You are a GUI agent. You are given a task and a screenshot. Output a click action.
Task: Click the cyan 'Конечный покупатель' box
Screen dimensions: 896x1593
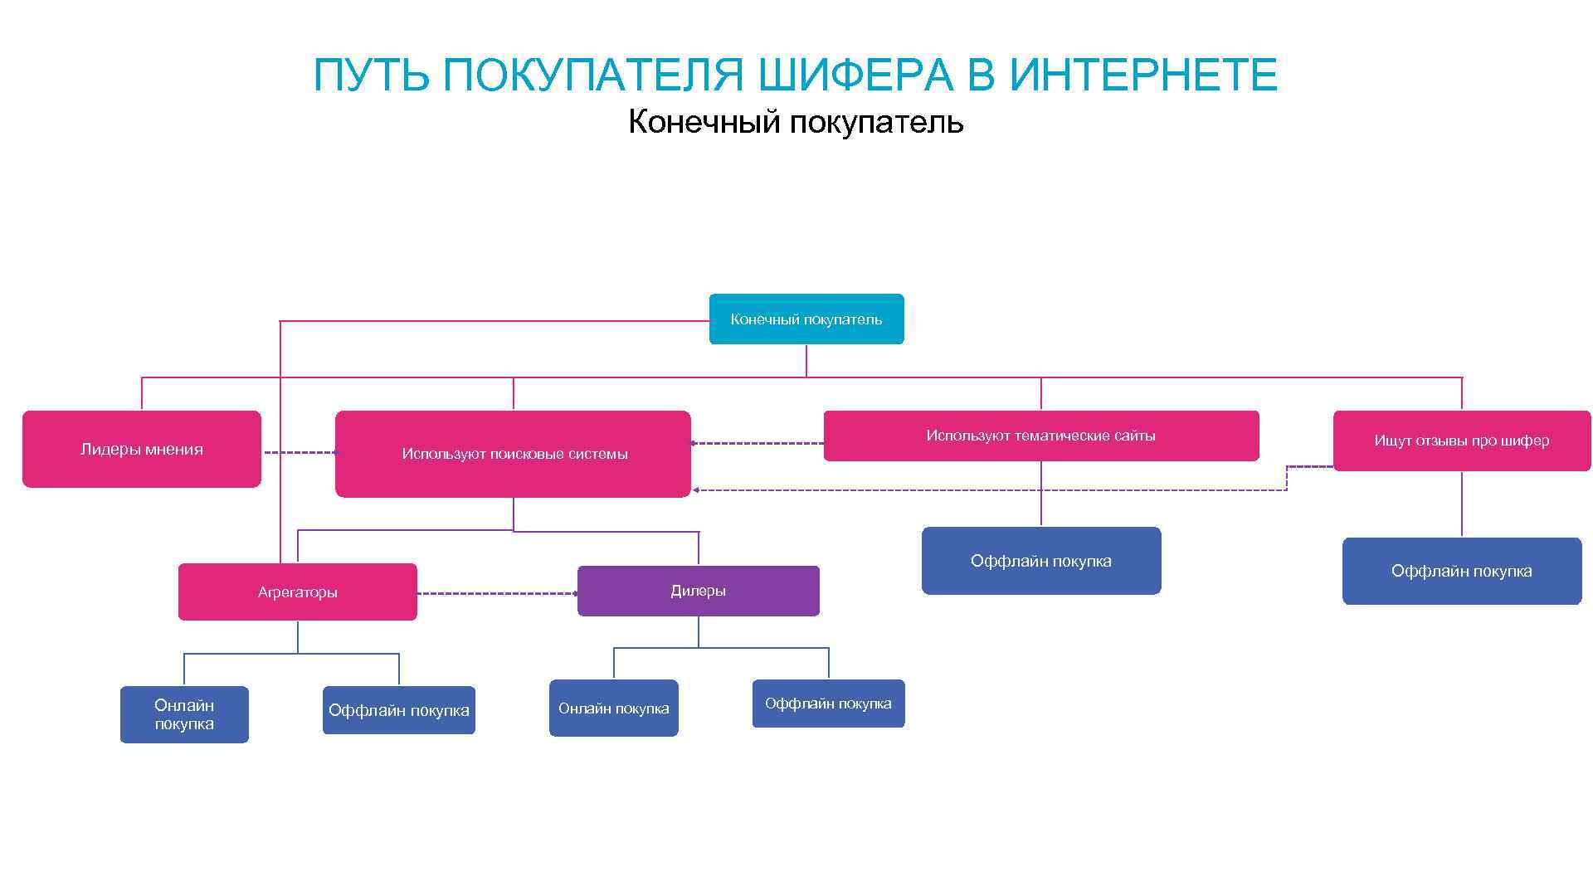click(x=806, y=319)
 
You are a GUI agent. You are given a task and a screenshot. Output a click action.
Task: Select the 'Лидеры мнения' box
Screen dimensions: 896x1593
click(x=141, y=449)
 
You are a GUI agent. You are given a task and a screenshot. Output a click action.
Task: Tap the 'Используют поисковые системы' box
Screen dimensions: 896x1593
click(x=513, y=454)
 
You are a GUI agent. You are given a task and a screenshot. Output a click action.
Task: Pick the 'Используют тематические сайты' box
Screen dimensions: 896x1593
click(x=1040, y=436)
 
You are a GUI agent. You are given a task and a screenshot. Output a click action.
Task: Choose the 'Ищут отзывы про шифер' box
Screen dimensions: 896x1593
click(x=1461, y=441)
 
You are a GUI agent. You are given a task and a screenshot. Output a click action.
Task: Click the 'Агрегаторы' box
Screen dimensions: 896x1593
click(x=297, y=592)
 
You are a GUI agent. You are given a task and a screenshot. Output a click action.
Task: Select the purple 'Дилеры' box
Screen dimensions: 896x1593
click(x=698, y=591)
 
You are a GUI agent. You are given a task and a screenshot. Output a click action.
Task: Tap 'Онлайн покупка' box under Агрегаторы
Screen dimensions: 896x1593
click(x=184, y=714)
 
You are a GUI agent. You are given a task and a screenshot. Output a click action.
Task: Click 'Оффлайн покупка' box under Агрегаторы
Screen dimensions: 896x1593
click(x=398, y=710)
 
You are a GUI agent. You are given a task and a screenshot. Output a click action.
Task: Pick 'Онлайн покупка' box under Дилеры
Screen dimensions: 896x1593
click(x=613, y=708)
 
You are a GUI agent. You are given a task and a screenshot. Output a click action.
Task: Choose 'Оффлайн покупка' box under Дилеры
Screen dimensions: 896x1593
click(x=828, y=704)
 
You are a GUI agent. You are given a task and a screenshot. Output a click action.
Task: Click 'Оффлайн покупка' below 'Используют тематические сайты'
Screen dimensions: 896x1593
click(x=1040, y=561)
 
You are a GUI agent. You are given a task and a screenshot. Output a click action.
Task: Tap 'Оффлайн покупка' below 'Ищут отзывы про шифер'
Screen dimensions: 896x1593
click(x=1461, y=571)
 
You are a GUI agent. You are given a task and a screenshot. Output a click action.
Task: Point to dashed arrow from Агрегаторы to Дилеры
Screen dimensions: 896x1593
click(x=496, y=593)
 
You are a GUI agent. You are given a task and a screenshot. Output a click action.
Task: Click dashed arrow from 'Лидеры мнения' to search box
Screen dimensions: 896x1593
click(x=299, y=452)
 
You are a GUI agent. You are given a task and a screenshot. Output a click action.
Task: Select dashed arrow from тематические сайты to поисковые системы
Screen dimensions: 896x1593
click(x=757, y=443)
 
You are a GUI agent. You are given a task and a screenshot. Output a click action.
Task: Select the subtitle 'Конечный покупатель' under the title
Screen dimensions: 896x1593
click(x=796, y=122)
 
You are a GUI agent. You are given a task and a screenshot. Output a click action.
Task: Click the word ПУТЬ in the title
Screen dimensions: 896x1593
click(x=371, y=75)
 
